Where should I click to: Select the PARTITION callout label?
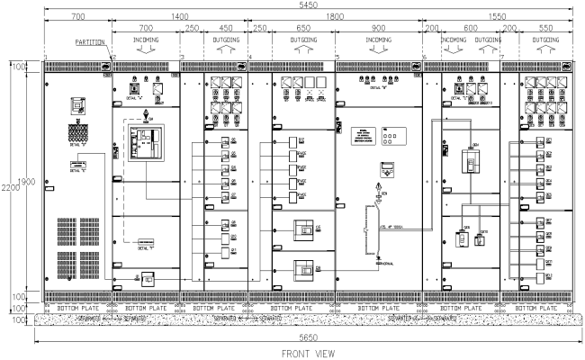[87, 41]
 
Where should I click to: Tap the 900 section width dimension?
[379, 29]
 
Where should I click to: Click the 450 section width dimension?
[225, 29]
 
